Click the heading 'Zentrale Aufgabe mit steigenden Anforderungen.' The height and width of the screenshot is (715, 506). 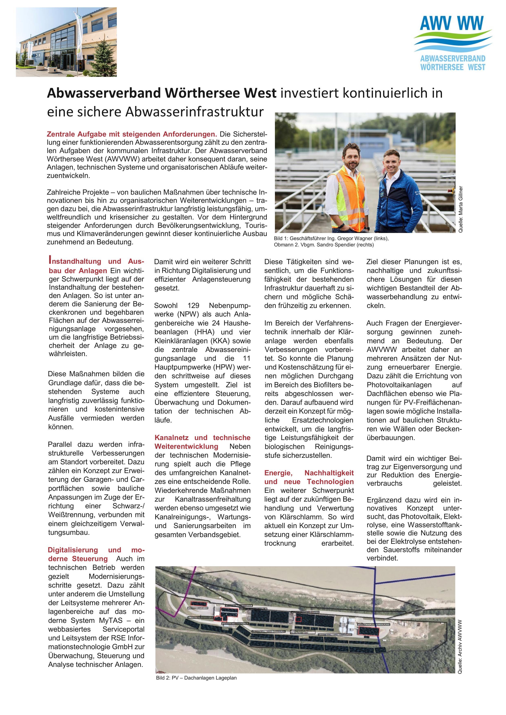pyautogui.click(x=132, y=134)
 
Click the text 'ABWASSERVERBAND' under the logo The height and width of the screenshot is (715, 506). pyautogui.click(x=452, y=58)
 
